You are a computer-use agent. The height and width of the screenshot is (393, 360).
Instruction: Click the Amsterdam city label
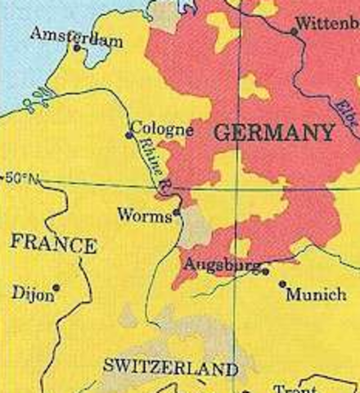77,35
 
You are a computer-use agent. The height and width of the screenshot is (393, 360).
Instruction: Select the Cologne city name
162,129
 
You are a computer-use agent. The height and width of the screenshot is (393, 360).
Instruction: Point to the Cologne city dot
128,135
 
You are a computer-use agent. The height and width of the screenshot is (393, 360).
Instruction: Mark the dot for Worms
176,212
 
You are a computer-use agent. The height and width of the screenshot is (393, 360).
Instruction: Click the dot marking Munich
282,284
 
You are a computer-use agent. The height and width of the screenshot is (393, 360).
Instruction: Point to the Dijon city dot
56,287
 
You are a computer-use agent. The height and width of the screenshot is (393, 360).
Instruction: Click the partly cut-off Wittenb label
328,22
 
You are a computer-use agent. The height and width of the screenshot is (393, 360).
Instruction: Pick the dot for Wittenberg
294,32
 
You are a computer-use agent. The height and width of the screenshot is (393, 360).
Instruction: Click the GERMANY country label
273,133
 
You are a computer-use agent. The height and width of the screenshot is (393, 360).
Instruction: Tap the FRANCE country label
52,245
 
